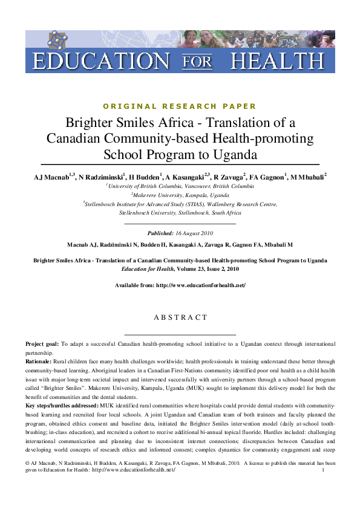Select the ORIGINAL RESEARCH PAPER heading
coord(180,106)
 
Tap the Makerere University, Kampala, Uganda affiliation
coord(180,195)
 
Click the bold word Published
coord(160,233)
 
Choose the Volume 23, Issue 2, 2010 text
coord(206,269)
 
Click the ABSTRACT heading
coord(180,317)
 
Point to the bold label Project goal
coord(43,343)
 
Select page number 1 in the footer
coord(324,470)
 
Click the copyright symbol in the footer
coord(28,462)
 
